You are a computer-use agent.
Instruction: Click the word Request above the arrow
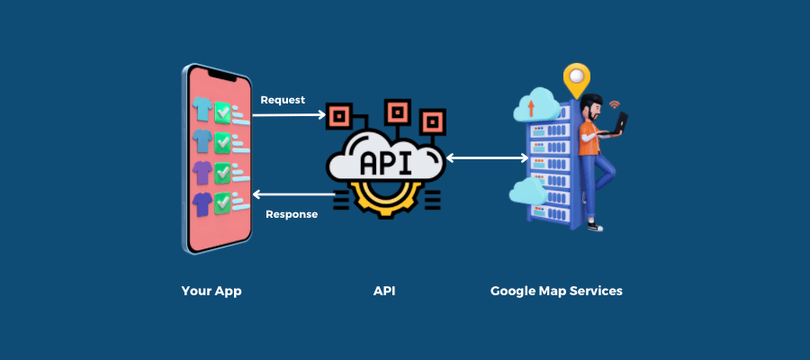click(283, 100)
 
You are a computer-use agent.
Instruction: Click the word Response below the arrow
click(292, 214)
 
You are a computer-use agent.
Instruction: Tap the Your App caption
click(211, 292)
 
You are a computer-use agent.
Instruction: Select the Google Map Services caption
click(556, 292)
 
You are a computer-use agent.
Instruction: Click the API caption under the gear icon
click(384, 292)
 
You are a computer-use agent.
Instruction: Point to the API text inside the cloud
click(387, 163)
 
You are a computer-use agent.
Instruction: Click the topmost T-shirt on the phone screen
click(203, 109)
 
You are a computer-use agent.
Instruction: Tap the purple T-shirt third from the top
click(203, 171)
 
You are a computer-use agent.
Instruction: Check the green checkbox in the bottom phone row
click(221, 202)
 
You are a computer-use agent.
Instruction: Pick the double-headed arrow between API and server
click(487, 158)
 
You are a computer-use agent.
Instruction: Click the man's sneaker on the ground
click(595, 228)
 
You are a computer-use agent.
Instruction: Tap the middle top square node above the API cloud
click(396, 112)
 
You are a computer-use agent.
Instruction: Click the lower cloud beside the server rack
click(526, 191)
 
